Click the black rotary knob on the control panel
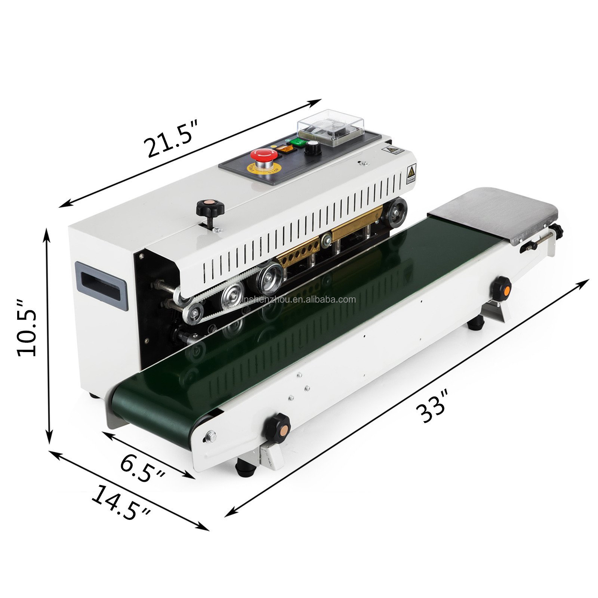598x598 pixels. (x=311, y=148)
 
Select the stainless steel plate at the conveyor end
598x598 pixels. (x=494, y=212)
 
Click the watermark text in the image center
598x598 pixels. (x=299, y=299)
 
